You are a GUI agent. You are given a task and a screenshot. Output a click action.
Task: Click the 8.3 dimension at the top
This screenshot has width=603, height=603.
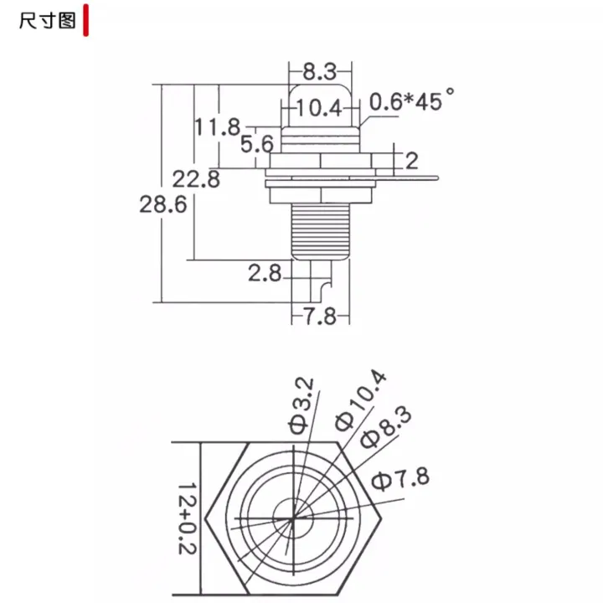tap(320, 72)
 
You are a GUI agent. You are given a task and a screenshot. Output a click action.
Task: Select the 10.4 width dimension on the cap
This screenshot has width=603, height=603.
tap(319, 108)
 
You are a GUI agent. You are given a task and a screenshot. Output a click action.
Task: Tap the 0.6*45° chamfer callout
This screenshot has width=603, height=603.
tap(412, 100)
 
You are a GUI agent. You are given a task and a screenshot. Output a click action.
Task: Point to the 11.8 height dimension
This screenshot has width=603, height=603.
tap(218, 127)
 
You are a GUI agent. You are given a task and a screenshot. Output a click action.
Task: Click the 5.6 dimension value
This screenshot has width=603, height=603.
tap(257, 144)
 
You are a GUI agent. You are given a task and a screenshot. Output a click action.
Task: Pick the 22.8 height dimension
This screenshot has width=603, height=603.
tap(196, 179)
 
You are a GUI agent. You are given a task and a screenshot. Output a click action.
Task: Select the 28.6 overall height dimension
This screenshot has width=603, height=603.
tap(163, 204)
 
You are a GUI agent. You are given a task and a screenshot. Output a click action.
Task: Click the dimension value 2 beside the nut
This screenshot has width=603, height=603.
tap(411, 161)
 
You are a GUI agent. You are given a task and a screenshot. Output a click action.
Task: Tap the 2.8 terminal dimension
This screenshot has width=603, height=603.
tap(265, 273)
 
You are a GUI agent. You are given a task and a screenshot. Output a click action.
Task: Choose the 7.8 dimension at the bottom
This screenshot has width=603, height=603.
tap(320, 317)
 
